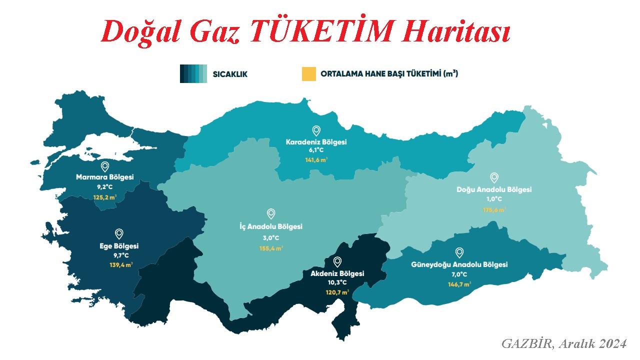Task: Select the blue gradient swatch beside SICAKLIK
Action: pos(193,74)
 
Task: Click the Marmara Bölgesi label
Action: pos(105,177)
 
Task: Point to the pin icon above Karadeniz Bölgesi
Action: pos(316,131)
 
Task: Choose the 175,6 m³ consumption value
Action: pos(494,209)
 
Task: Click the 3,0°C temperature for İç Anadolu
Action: pos(271,237)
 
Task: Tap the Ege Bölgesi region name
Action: pos(119,246)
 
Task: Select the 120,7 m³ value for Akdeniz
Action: pos(337,292)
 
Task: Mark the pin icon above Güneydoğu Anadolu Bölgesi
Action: pos(459,253)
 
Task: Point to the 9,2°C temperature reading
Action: pos(105,186)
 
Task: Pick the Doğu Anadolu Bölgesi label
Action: pos(494,189)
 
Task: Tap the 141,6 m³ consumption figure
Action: pos(316,160)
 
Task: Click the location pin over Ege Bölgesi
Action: pos(119,233)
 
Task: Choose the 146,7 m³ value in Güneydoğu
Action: pos(459,284)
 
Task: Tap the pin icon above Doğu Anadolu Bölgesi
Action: pos(494,177)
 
